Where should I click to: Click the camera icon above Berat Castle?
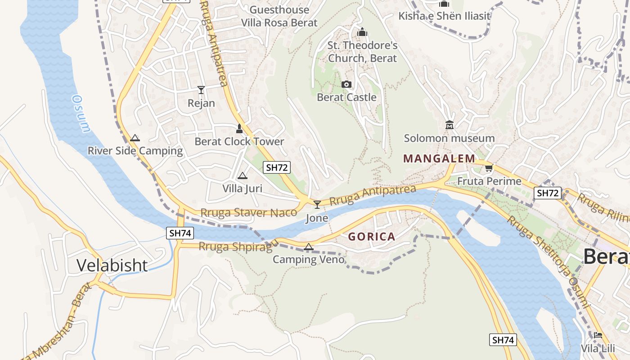tap(346, 84)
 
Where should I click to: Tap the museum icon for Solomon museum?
tap(449, 125)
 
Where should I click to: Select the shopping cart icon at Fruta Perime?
tap(489, 168)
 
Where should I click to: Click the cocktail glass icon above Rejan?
tap(201, 90)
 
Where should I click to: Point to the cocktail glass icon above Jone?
tap(317, 205)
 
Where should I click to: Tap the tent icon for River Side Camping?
tap(135, 138)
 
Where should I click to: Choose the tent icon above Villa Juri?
tap(243, 175)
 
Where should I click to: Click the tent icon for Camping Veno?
tap(308, 246)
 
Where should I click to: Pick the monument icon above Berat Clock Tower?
tap(239, 128)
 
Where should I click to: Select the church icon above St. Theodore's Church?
tap(362, 32)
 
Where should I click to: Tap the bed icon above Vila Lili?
tap(598, 335)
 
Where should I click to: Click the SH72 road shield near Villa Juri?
tap(277, 168)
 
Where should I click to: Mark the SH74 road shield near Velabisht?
tap(180, 233)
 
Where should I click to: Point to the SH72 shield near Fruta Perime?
tap(547, 193)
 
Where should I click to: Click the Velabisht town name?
tap(112, 265)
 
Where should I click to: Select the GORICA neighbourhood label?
tap(372, 237)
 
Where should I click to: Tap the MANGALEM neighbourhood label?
tap(439, 158)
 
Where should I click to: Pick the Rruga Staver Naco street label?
tap(248, 212)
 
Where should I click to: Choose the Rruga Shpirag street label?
tap(235, 247)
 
